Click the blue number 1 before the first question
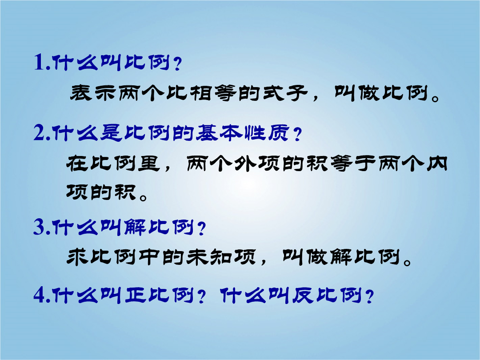coord(40,63)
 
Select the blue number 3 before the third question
coord(40,227)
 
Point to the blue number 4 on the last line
coord(40,295)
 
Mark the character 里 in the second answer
coord(149,164)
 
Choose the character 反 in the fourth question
coord(303,295)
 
